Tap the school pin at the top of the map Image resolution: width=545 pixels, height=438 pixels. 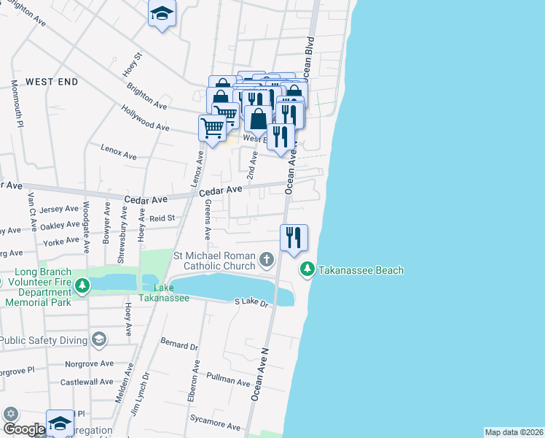click(162, 14)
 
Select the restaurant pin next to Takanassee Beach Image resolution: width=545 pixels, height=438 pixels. click(294, 237)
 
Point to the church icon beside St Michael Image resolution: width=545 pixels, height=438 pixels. click(267, 259)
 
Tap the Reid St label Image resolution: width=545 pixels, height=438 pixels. click(162, 218)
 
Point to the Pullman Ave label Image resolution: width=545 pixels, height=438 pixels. click(228, 380)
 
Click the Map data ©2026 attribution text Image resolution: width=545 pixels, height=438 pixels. click(514, 432)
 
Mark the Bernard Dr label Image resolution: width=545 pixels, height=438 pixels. click(179, 345)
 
